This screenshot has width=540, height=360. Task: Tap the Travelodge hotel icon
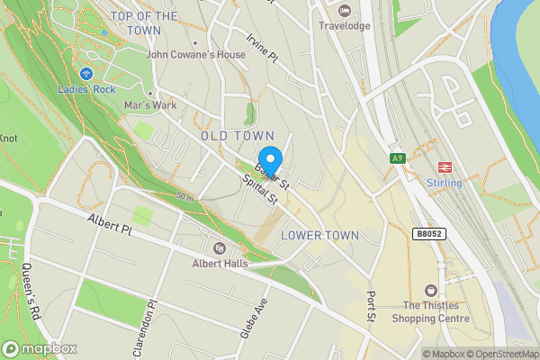click(345, 10)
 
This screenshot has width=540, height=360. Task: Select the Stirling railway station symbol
click(444, 166)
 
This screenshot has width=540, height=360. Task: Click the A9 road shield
click(398, 158)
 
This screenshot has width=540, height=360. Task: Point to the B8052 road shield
click(429, 233)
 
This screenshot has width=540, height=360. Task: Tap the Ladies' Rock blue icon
click(86, 73)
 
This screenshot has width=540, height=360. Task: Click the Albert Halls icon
click(219, 248)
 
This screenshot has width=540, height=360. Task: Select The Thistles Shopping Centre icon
click(430, 290)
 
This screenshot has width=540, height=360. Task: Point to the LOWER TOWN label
click(319, 235)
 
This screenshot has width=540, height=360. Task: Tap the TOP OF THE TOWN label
click(143, 23)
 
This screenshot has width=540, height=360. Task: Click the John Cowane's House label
click(196, 54)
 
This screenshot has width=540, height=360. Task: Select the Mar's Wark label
click(150, 104)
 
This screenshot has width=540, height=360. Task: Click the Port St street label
click(370, 307)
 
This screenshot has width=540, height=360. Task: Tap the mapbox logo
click(40, 348)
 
